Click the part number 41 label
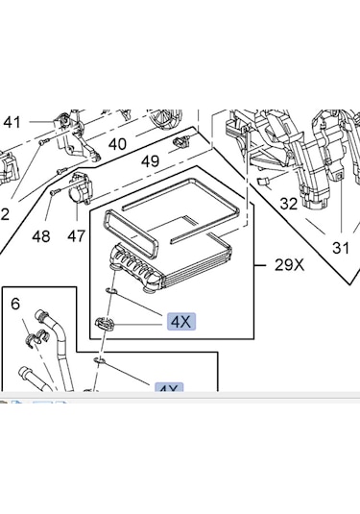point(12,122)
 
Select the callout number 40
point(117,144)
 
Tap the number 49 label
point(150,161)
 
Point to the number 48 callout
point(40,236)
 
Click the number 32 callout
point(289,204)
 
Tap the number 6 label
point(15,304)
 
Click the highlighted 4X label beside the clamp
point(180,322)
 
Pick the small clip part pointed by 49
point(180,143)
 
